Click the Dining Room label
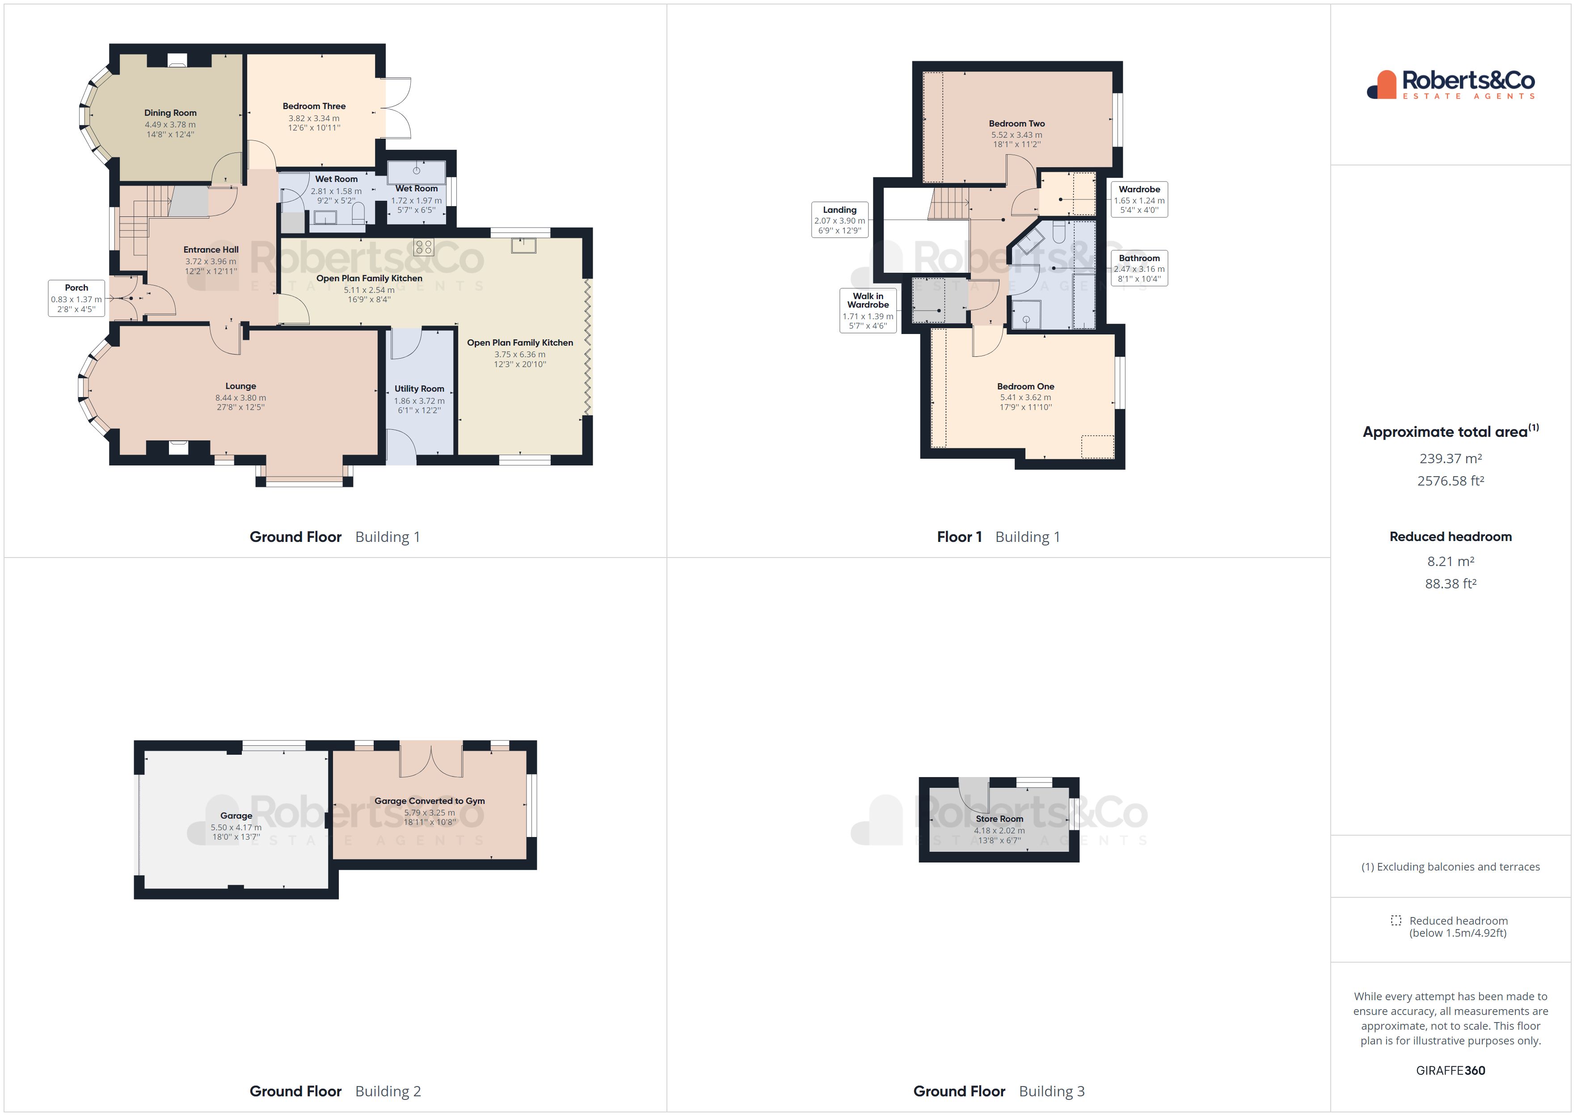[x=170, y=113]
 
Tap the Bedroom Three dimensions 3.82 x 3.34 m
[x=314, y=118]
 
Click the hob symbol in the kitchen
[x=423, y=247]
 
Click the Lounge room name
[x=240, y=386]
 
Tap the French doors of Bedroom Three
[x=396, y=109]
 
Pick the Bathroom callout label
[x=1139, y=268]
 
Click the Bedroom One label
[x=1025, y=386]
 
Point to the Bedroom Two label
[x=1016, y=124]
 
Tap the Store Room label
[x=999, y=819]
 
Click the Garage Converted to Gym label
[x=429, y=801]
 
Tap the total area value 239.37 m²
[x=1451, y=458]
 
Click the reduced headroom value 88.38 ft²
[x=1451, y=583]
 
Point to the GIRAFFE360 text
[x=1451, y=1071]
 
